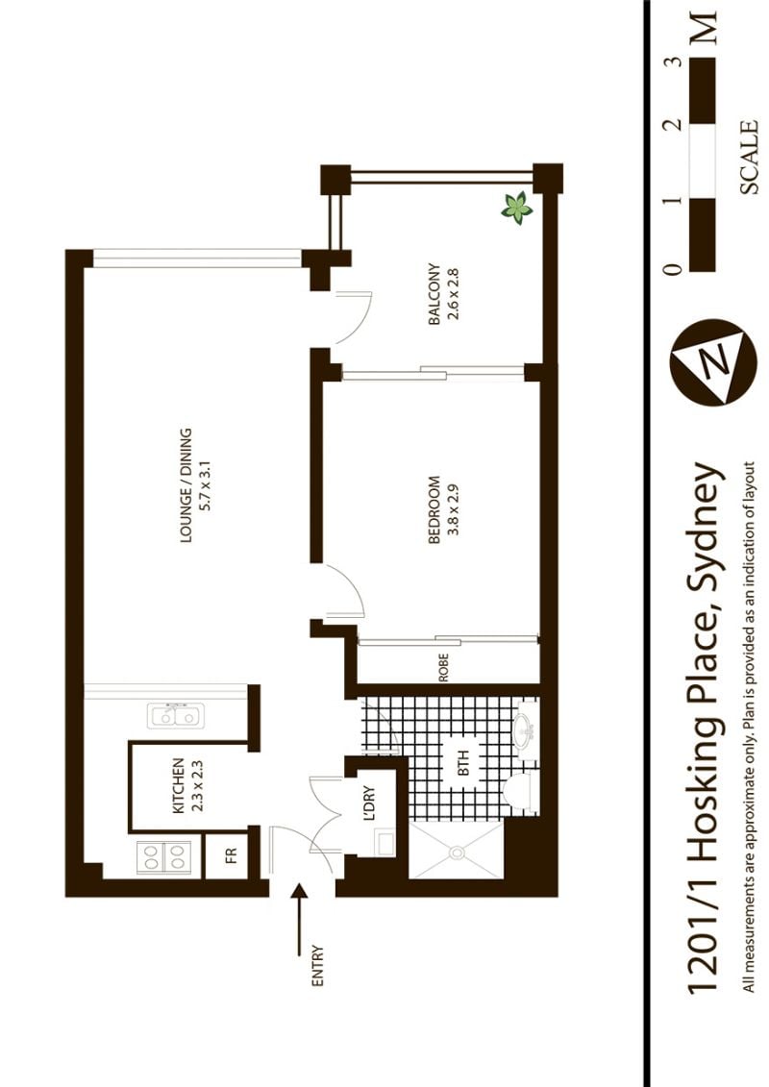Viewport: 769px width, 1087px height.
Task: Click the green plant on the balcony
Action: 516,208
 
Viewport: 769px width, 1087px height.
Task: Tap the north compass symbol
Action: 713,362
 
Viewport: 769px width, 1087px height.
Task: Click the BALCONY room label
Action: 434,294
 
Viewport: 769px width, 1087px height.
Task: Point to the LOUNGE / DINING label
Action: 186,484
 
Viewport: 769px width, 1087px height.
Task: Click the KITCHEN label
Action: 178,785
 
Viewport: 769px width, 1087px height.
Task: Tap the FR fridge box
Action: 232,854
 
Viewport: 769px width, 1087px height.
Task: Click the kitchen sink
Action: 175,715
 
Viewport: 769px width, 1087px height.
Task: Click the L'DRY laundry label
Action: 369,803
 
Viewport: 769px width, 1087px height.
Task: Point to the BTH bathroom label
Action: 464,762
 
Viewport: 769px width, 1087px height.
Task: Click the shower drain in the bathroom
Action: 457,851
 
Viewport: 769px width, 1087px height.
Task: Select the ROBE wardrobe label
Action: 444,668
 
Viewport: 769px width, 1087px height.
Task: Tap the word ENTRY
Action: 318,966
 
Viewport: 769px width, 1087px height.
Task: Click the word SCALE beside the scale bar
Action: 748,158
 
